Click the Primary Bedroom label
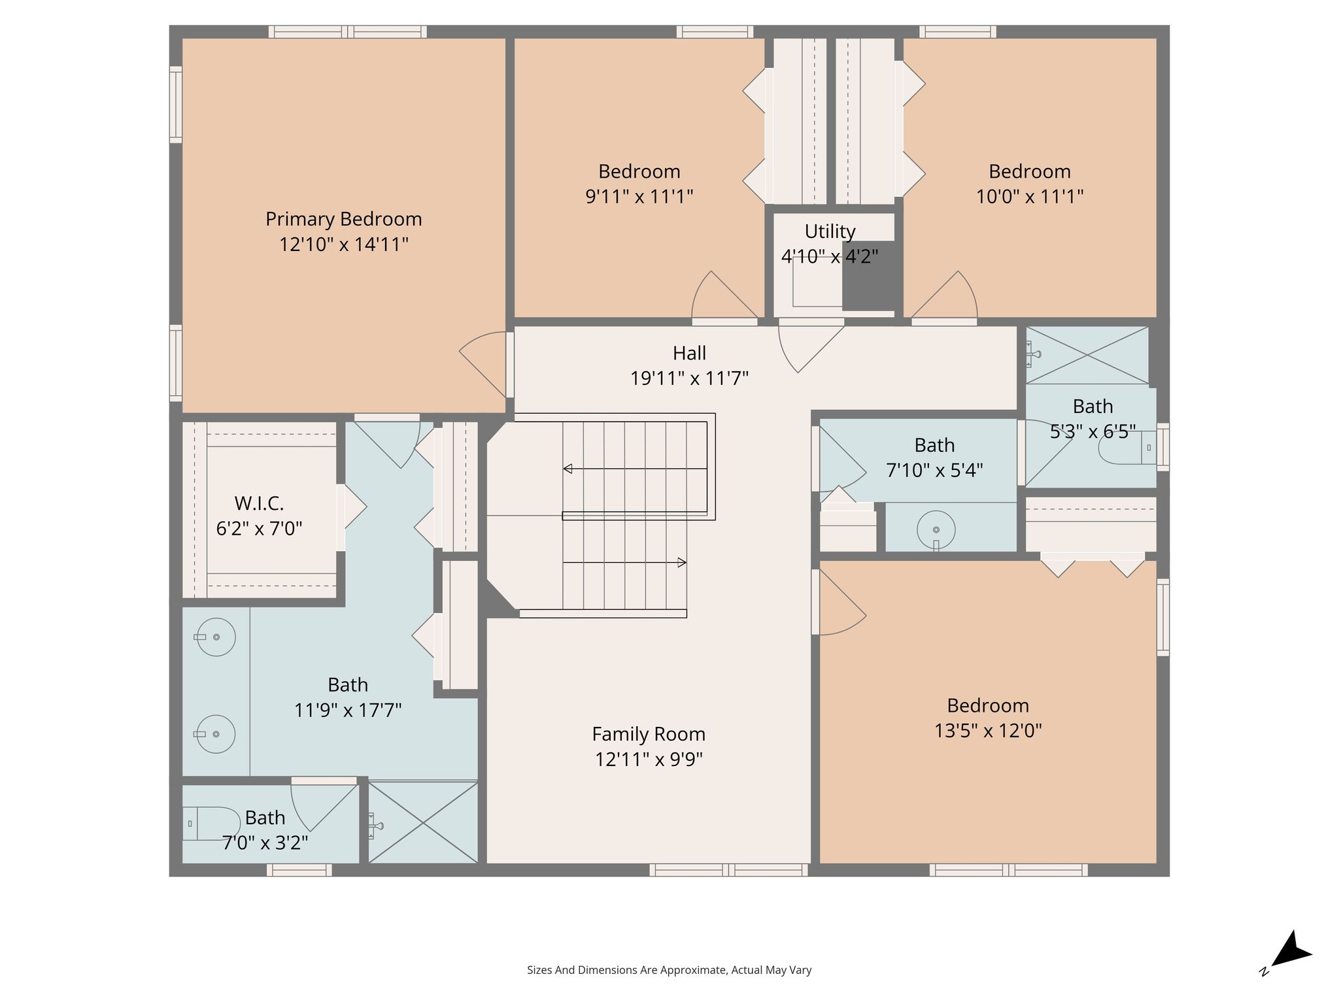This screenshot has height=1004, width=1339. tap(343, 219)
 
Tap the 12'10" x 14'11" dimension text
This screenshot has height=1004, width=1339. tap(344, 244)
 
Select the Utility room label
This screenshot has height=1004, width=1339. tap(830, 232)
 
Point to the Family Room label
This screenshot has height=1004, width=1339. tap(649, 734)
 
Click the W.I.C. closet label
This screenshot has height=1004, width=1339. tap(259, 503)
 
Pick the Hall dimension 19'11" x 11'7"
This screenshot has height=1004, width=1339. tap(689, 378)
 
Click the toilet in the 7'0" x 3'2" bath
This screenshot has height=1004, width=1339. tap(211, 824)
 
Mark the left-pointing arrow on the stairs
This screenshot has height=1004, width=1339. tap(635, 469)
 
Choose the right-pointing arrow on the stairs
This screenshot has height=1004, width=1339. tap(624, 562)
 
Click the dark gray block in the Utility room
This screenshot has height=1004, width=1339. tap(868, 275)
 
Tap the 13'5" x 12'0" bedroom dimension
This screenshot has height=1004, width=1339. tap(988, 730)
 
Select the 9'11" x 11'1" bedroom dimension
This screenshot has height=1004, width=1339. tap(639, 196)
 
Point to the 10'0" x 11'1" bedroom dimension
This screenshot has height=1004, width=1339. tap(1030, 196)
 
